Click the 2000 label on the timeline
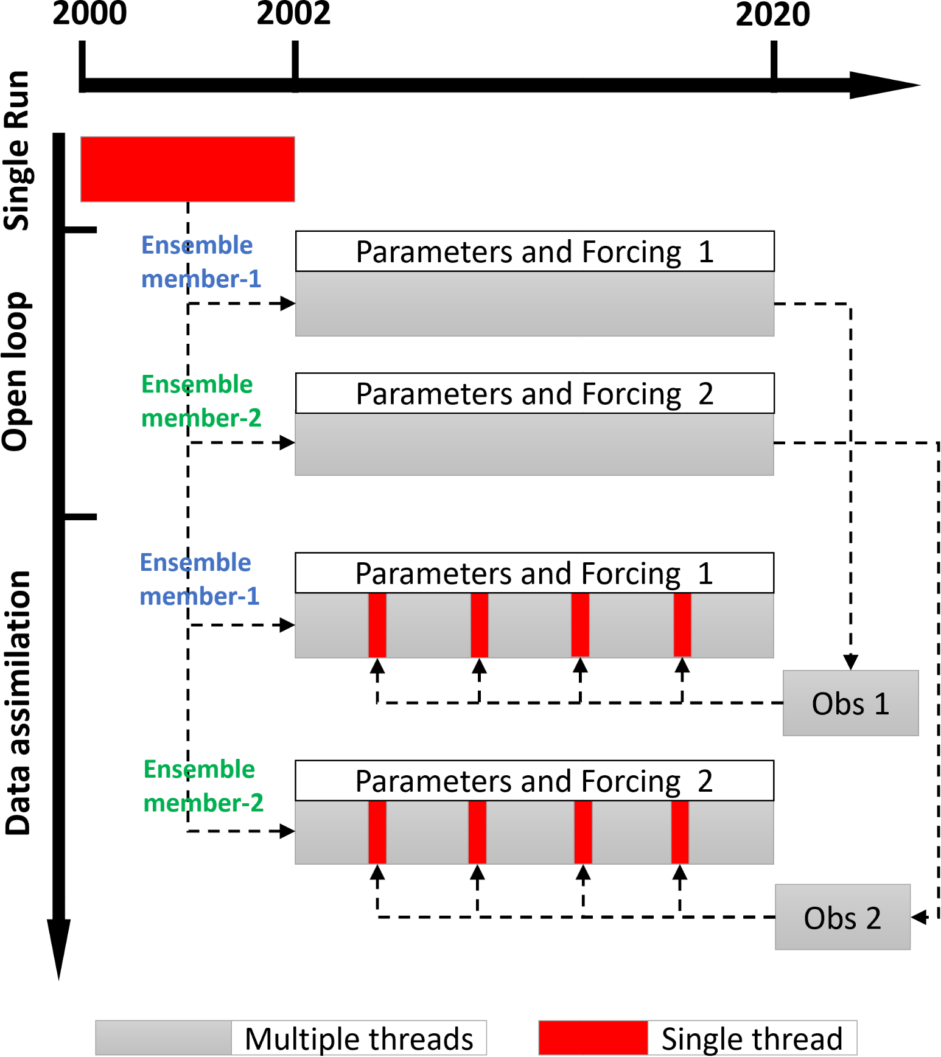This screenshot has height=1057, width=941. (x=89, y=13)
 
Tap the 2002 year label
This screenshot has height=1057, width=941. (x=293, y=13)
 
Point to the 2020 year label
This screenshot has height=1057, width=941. (x=773, y=14)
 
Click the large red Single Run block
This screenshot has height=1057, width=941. (x=187, y=169)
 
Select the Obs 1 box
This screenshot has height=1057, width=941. (x=850, y=703)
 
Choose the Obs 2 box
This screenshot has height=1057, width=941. (x=842, y=917)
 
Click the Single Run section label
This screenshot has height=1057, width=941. (x=17, y=150)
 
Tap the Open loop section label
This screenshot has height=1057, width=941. (x=15, y=371)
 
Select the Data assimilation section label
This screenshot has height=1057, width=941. (x=18, y=703)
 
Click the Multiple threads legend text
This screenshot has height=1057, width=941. (x=359, y=1039)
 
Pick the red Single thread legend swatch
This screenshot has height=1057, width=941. (x=593, y=1038)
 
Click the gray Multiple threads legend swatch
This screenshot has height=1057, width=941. (x=164, y=1038)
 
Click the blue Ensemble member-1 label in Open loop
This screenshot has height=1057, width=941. (x=201, y=262)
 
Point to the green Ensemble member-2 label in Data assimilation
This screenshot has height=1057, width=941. (x=203, y=786)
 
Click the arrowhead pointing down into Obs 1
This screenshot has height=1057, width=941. (x=850, y=662)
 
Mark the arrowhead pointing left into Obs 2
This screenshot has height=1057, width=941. (x=918, y=917)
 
